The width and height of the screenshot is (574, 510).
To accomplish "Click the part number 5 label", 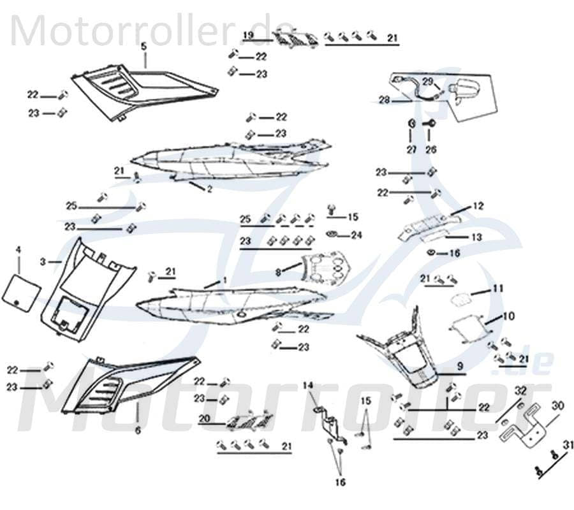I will coord(143,46).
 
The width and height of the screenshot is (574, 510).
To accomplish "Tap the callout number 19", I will coord(249,34).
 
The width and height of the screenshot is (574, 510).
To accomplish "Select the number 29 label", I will coord(427,81).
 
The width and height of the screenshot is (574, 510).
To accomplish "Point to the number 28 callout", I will coord(384,100).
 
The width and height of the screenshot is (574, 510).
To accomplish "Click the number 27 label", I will coord(412,149).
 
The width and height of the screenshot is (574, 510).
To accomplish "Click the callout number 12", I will coord(478,206).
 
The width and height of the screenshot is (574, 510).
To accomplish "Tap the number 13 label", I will coord(477,237).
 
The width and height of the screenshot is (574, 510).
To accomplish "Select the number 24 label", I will coord(356,235).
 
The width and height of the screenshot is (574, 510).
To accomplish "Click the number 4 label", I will coord(18,249).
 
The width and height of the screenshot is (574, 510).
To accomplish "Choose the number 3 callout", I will coord(43,261).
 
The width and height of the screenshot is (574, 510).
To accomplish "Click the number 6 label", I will coord(138,430).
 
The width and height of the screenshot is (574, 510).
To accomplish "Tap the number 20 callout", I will coord(204,419).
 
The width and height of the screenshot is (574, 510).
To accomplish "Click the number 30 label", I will coord(558,405).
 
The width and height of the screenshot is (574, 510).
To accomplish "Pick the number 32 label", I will coord(520,390).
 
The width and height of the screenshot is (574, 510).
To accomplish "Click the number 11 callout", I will coord(496,289).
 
